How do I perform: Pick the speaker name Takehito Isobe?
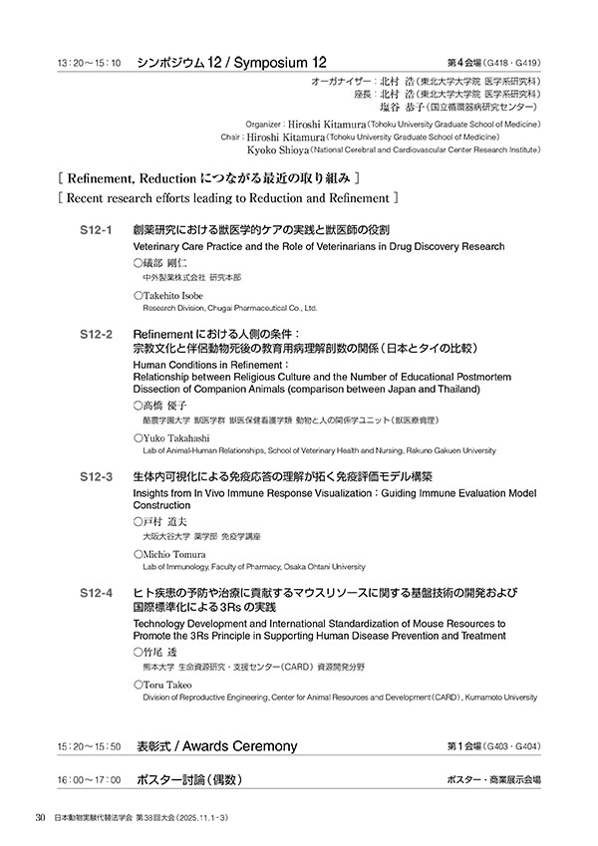(x=178, y=296)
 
